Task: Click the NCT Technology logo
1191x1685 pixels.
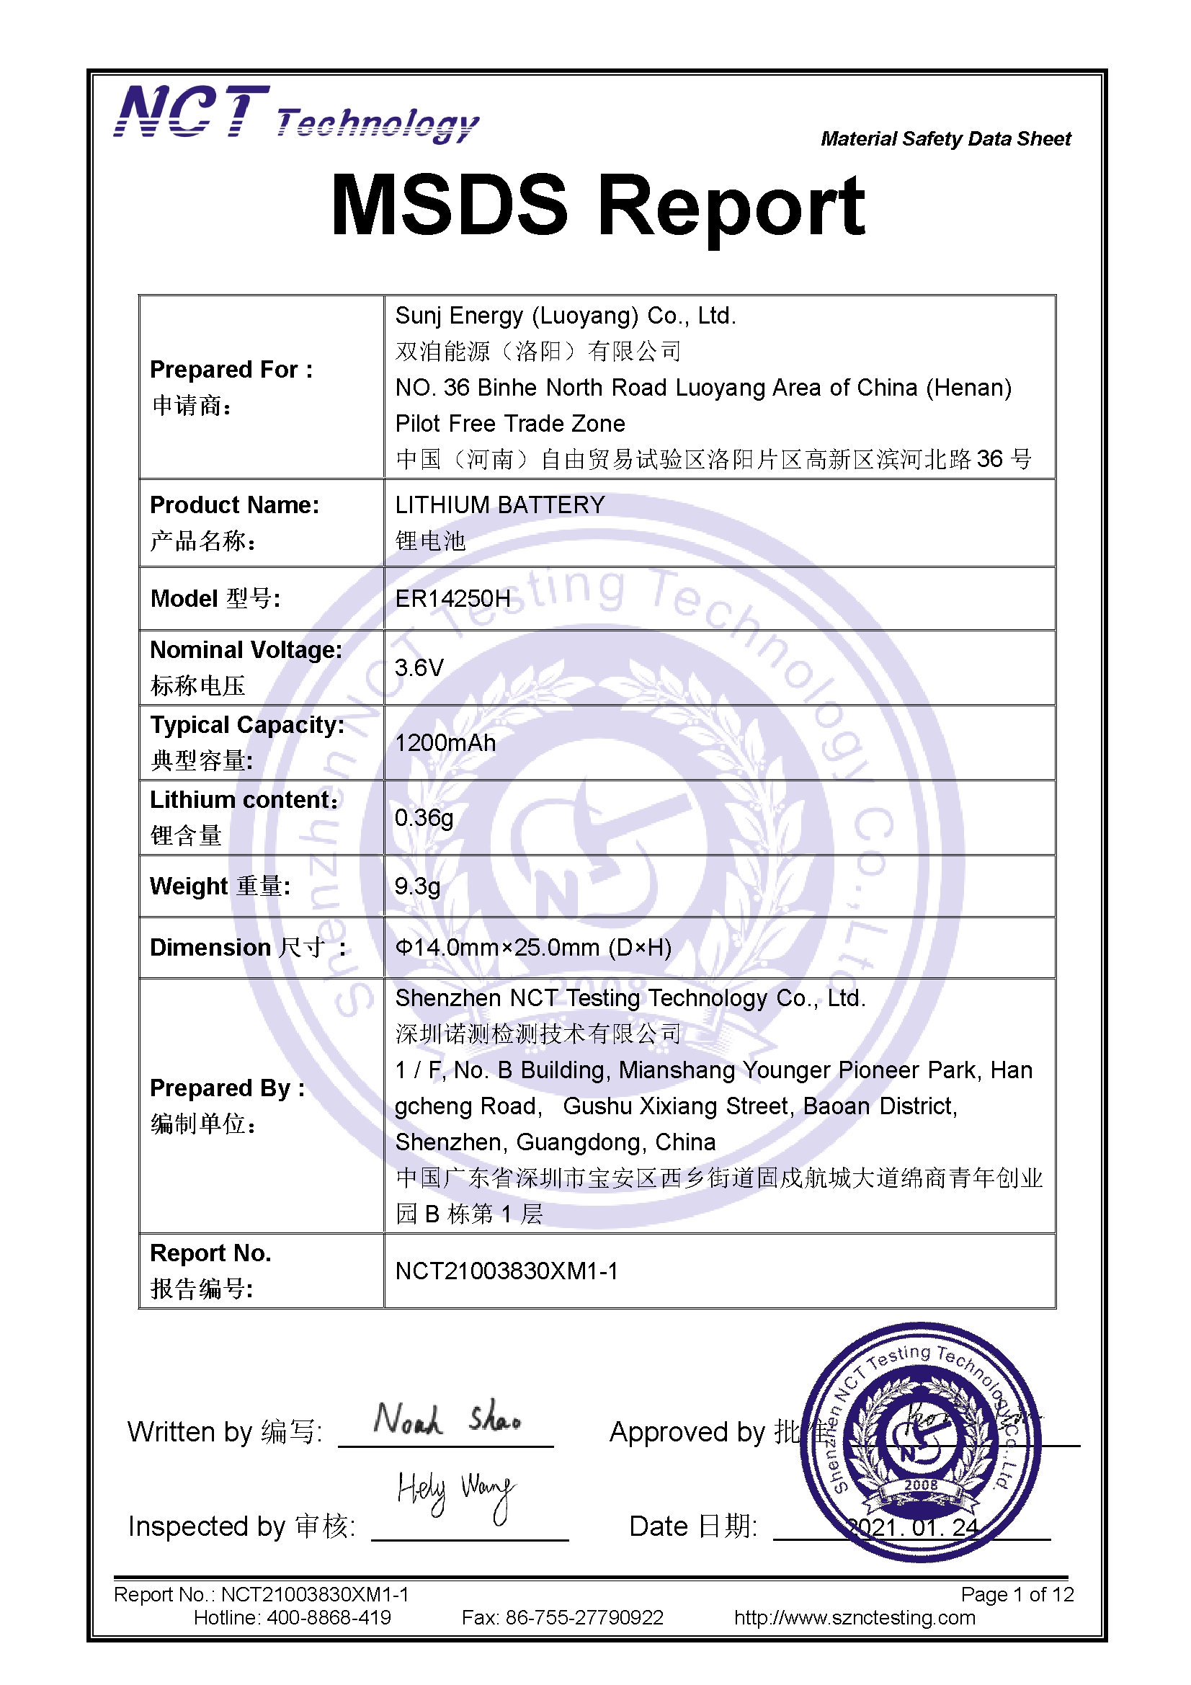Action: point(295,114)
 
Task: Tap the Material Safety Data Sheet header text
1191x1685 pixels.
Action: point(945,138)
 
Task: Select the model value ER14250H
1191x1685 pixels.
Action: point(452,599)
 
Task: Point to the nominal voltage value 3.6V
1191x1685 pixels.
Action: point(419,668)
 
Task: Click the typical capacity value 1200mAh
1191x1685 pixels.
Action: point(445,743)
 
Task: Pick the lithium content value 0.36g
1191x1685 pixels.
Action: point(424,817)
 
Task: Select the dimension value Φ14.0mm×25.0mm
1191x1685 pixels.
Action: point(532,948)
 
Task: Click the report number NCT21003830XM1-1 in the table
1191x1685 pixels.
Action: point(507,1271)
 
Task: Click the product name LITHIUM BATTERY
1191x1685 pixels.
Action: point(500,505)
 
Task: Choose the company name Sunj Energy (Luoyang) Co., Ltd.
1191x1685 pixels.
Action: point(565,316)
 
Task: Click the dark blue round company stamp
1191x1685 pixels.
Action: point(920,1442)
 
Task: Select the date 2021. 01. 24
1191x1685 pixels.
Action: point(913,1527)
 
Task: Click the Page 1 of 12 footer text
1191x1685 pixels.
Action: point(1017,1594)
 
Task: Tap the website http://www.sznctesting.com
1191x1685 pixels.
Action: point(855,1617)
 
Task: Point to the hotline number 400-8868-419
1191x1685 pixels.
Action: point(328,1617)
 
